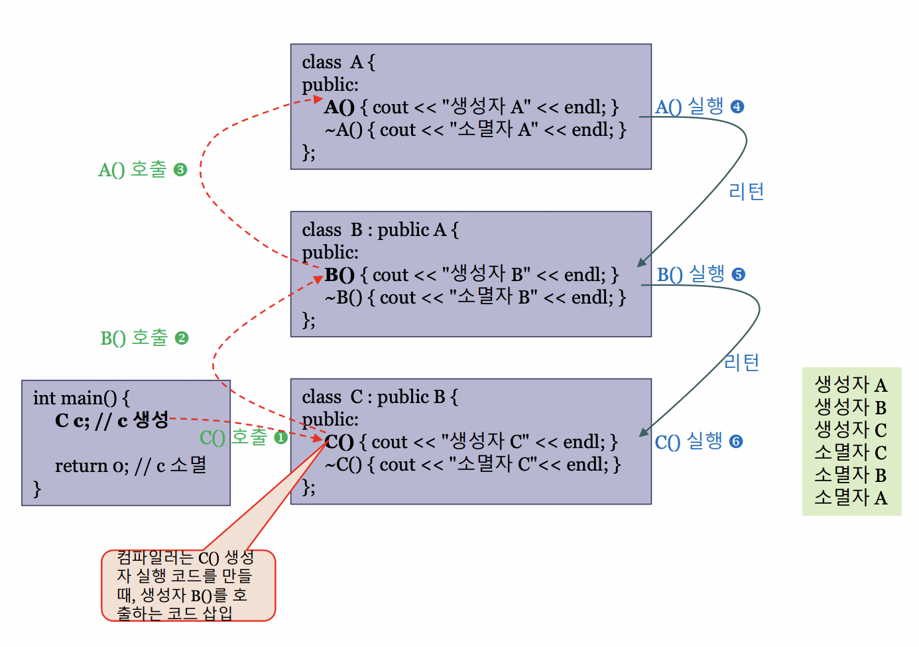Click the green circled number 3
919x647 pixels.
click(x=180, y=170)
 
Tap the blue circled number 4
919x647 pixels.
click(x=737, y=107)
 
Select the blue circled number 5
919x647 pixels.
click(x=739, y=274)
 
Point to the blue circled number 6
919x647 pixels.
click(x=736, y=441)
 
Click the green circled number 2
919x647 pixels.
click(x=182, y=338)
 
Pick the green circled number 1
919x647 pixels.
click(x=280, y=438)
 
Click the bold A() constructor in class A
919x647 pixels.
click(x=339, y=107)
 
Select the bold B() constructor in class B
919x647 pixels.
click(x=339, y=275)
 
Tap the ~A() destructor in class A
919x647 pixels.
click(x=343, y=130)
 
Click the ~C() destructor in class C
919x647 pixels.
click(x=343, y=465)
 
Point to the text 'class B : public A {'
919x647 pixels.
click(x=380, y=230)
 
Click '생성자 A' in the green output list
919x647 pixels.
click(x=851, y=384)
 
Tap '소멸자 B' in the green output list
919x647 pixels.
click(x=851, y=475)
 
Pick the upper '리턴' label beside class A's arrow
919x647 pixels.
click(x=746, y=192)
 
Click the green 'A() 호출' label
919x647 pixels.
click(x=132, y=170)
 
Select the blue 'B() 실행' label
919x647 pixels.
click(x=690, y=274)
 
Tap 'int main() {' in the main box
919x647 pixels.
click(x=81, y=398)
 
